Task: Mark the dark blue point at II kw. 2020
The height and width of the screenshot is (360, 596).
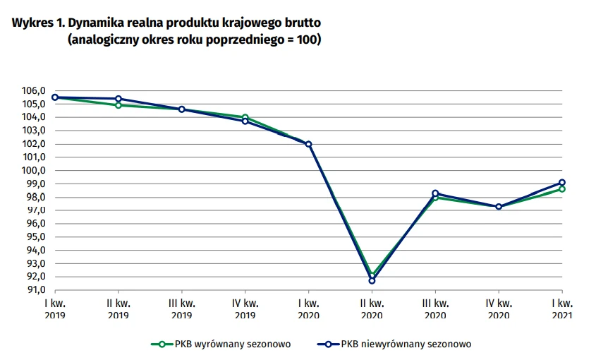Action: coord(372,280)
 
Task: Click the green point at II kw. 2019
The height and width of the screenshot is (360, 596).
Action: coord(118,105)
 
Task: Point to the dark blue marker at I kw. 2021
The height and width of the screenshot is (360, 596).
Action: coord(562,183)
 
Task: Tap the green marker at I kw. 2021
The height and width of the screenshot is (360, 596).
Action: coord(562,189)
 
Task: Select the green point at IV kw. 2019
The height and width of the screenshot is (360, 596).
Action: coord(245,117)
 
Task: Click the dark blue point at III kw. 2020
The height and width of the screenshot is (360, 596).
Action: coord(435,193)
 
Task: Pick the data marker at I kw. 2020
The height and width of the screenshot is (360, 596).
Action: coord(308,144)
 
